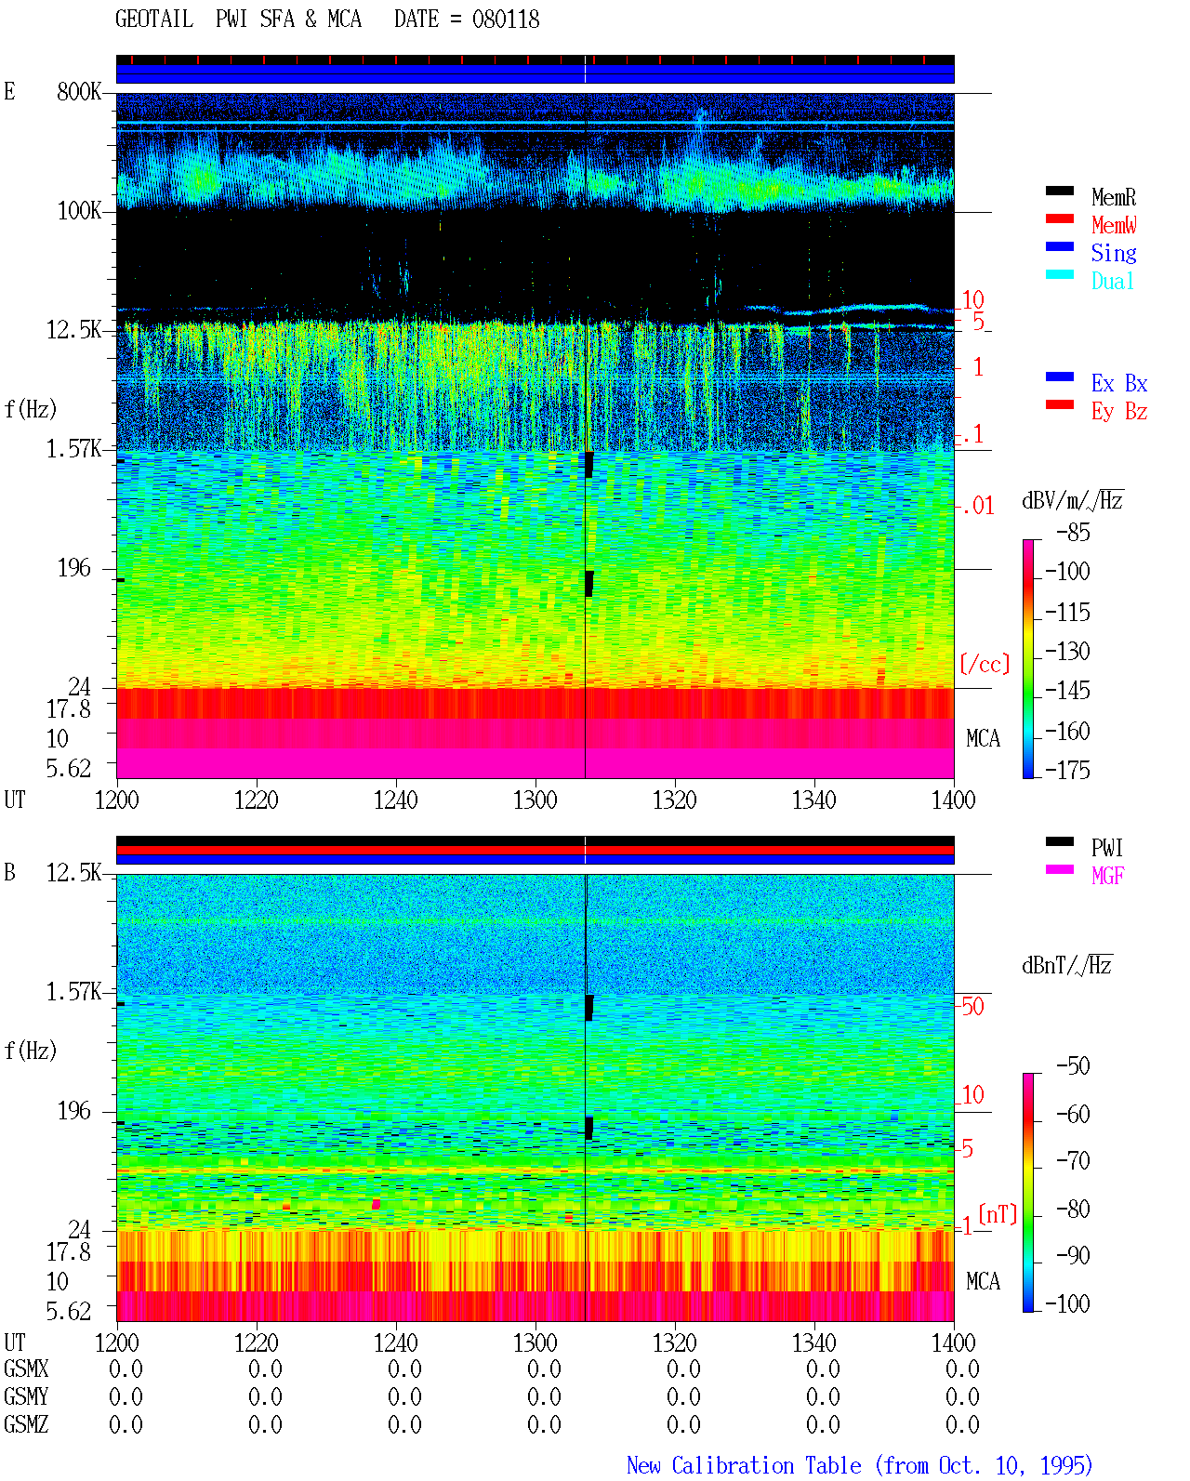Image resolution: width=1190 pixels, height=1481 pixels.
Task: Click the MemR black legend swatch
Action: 1059,191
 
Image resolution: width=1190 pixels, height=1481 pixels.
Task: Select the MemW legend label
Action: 1113,225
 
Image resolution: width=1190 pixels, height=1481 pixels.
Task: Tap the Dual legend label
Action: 1112,281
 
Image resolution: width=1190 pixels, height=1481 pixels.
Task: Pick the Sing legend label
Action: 1113,253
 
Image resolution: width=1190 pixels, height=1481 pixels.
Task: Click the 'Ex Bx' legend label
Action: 1118,383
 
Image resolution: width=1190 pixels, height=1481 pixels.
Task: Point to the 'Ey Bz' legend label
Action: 1118,411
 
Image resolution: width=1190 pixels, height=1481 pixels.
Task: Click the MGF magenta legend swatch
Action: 1059,869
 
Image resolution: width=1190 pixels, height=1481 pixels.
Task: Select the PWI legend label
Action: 1106,847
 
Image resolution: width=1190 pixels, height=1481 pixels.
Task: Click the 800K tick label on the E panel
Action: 78,91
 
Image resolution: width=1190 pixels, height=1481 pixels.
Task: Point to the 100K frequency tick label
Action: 78,211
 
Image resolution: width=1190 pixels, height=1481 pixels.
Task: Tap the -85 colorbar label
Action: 1073,532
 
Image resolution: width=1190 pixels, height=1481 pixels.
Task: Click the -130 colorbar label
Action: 1067,651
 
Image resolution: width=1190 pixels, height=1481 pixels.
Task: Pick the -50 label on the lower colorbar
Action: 1073,1066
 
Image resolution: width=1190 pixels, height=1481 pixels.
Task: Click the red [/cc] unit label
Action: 985,664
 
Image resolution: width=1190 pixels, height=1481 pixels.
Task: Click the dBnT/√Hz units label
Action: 1067,966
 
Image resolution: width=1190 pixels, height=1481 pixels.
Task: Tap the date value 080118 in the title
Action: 506,20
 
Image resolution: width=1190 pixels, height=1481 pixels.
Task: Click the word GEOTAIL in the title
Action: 154,20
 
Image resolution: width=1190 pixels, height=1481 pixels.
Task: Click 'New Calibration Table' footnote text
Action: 744,1466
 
